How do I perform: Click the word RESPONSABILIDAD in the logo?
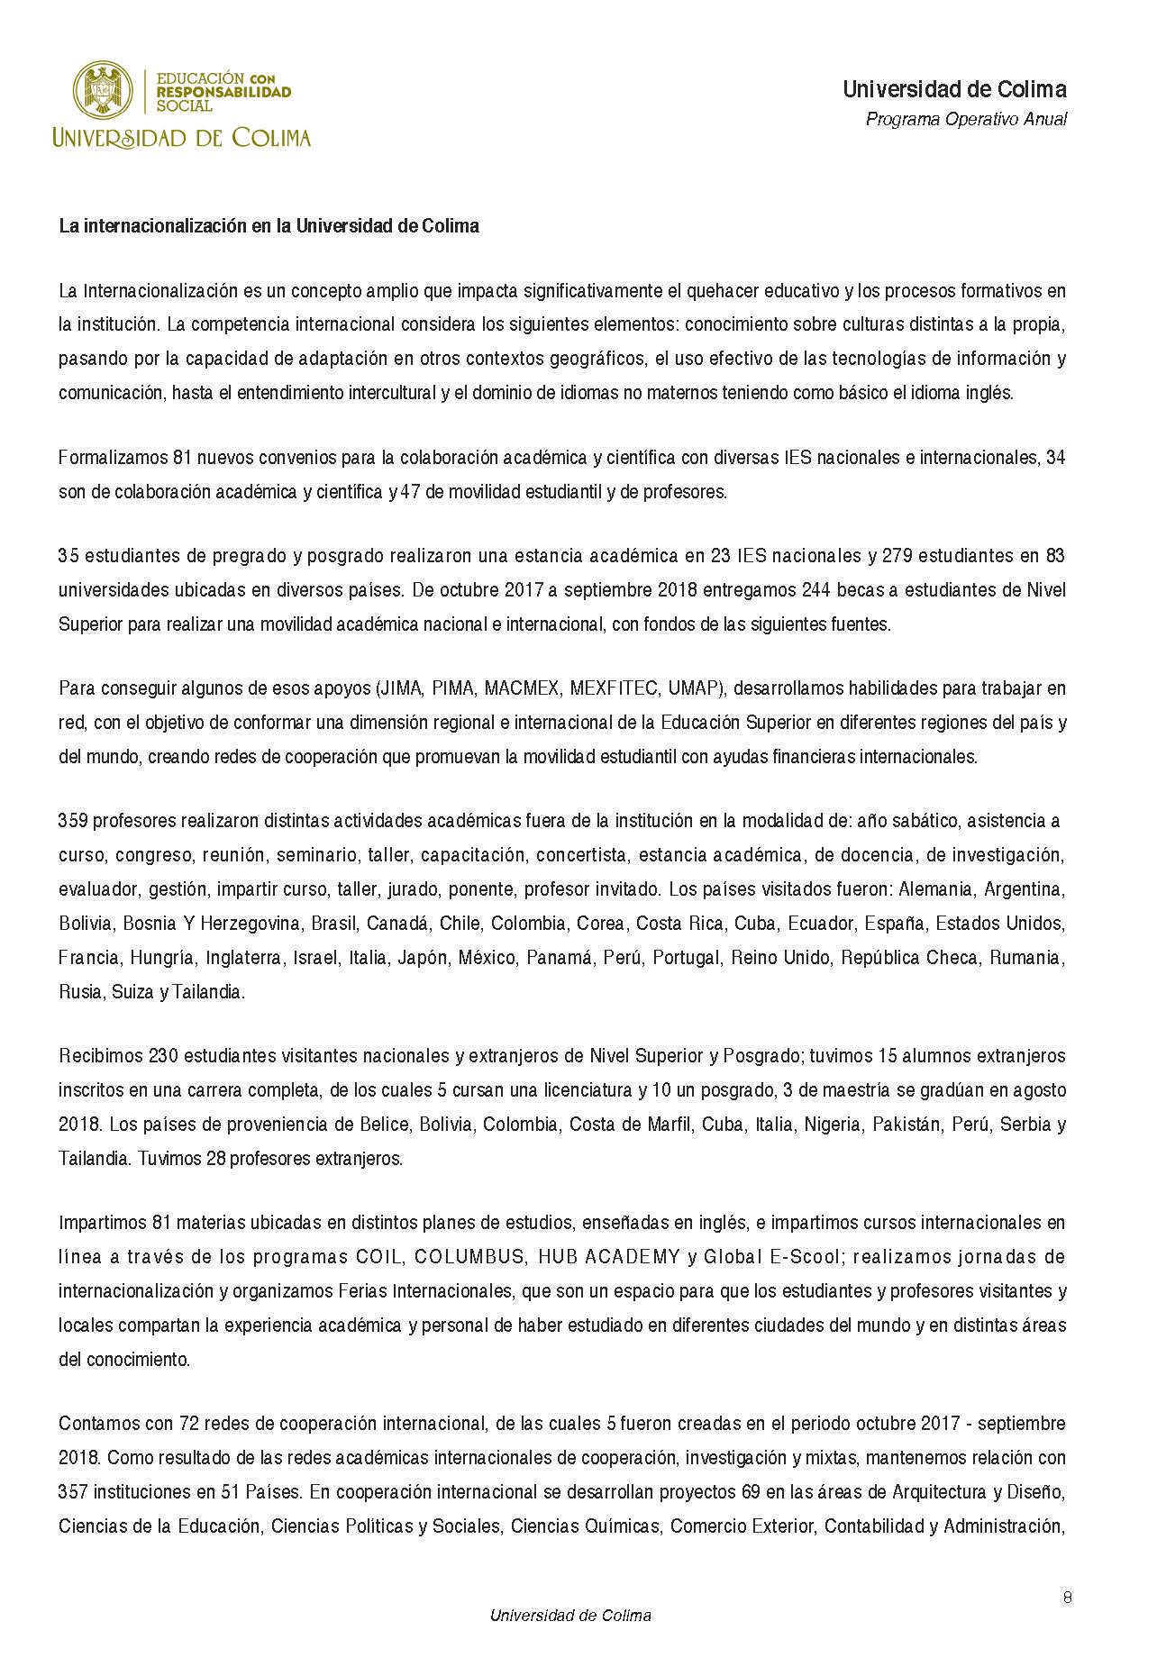tap(223, 92)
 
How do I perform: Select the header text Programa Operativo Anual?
tap(966, 119)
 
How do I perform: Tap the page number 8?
tap(1067, 1598)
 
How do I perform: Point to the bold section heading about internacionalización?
tap(269, 226)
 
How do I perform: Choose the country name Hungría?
tap(162, 958)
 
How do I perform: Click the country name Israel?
tap(315, 958)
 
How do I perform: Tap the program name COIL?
tap(377, 1257)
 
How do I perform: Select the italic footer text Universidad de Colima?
tap(570, 1616)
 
